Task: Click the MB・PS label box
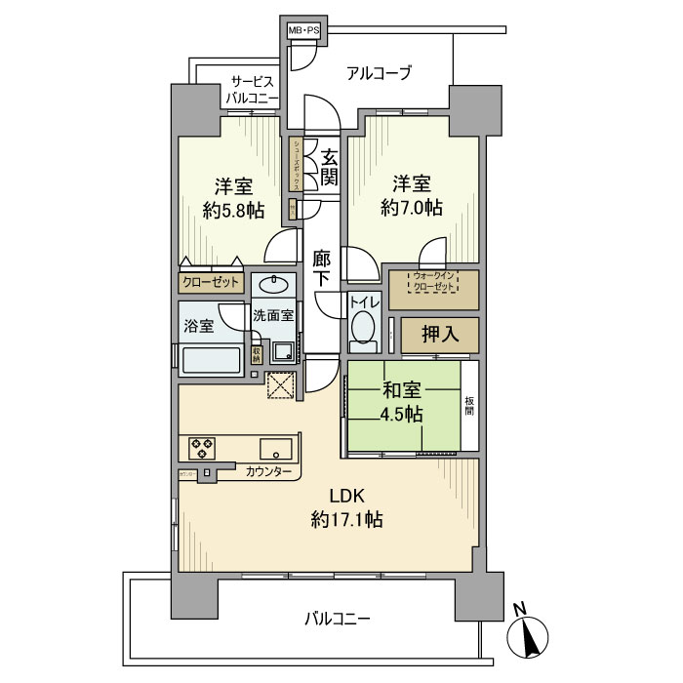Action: (x=303, y=32)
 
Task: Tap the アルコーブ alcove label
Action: (x=380, y=73)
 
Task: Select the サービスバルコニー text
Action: (x=251, y=90)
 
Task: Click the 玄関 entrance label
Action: (x=329, y=167)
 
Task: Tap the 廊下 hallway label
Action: (x=323, y=268)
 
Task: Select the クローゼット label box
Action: (x=210, y=283)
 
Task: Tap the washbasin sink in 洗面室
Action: (x=274, y=286)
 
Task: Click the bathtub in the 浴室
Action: (x=211, y=358)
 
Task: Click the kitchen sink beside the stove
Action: (x=273, y=450)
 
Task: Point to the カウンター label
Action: (x=268, y=472)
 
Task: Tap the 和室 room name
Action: (x=402, y=390)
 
